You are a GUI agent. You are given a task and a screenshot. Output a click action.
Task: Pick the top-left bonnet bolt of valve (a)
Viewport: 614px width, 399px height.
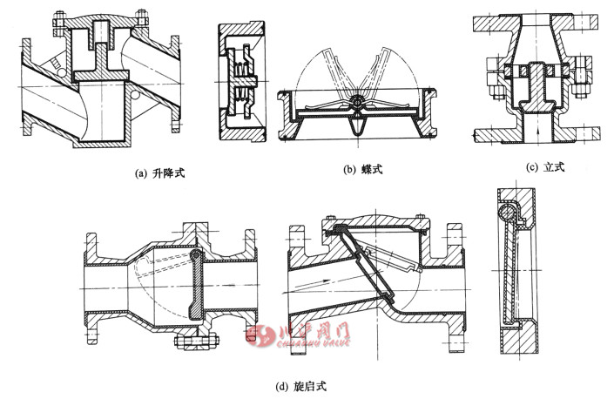point(58,19)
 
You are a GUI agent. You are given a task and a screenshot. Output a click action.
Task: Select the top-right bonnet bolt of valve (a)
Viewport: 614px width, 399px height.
point(138,19)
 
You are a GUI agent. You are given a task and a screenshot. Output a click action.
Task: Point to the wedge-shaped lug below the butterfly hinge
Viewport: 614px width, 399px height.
point(356,127)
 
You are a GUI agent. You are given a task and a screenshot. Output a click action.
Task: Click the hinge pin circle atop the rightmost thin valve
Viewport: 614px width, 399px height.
point(504,211)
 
